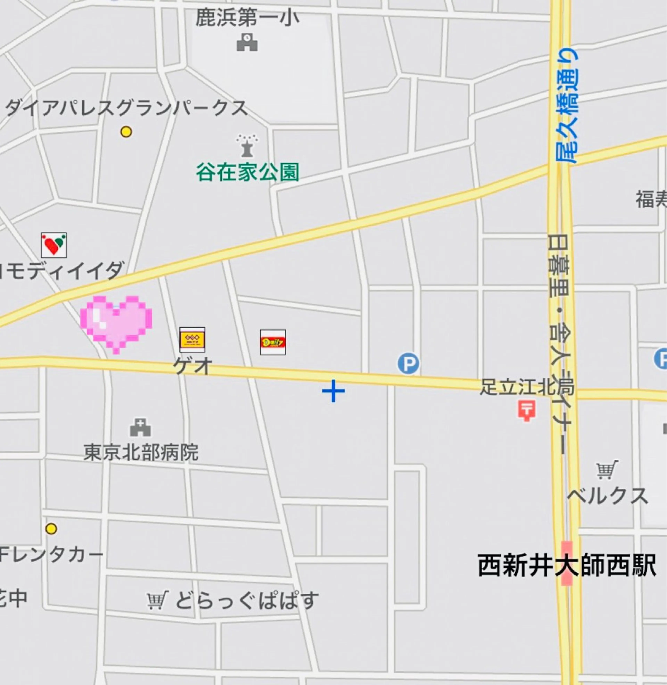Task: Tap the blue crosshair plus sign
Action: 333,391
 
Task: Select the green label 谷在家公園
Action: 247,172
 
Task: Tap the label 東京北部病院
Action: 141,452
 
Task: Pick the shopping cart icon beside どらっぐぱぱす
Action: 157,600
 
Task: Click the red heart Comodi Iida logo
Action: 54,245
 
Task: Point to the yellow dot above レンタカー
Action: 51,529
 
